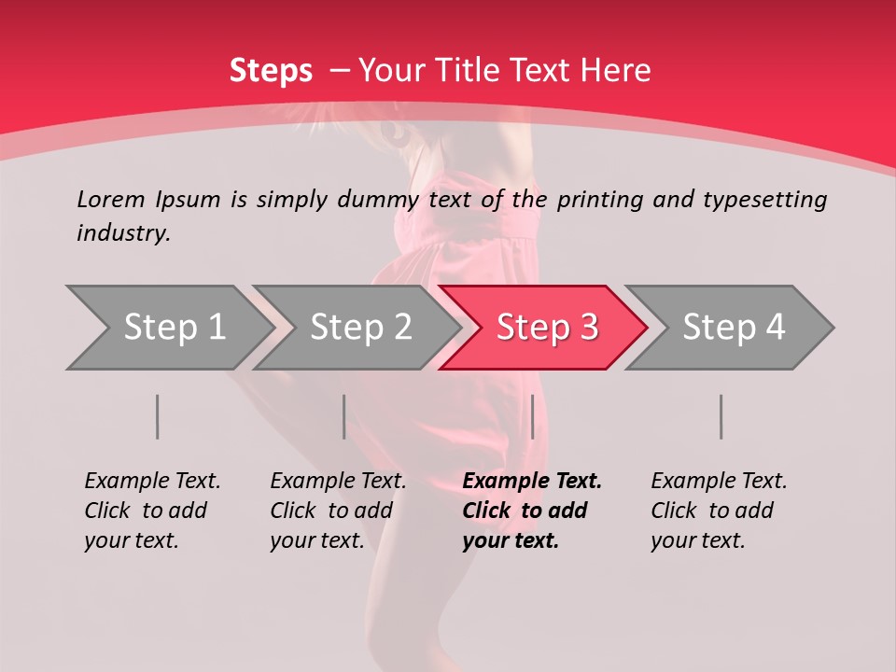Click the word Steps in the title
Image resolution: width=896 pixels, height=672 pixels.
tap(271, 71)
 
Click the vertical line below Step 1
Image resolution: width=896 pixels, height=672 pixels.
tap(158, 416)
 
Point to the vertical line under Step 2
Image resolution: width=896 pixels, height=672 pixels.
tap(344, 416)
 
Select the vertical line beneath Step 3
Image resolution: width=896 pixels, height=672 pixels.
tap(532, 416)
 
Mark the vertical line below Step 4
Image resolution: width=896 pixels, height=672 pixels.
tap(721, 416)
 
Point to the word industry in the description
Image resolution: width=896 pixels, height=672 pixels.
tap(123, 233)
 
